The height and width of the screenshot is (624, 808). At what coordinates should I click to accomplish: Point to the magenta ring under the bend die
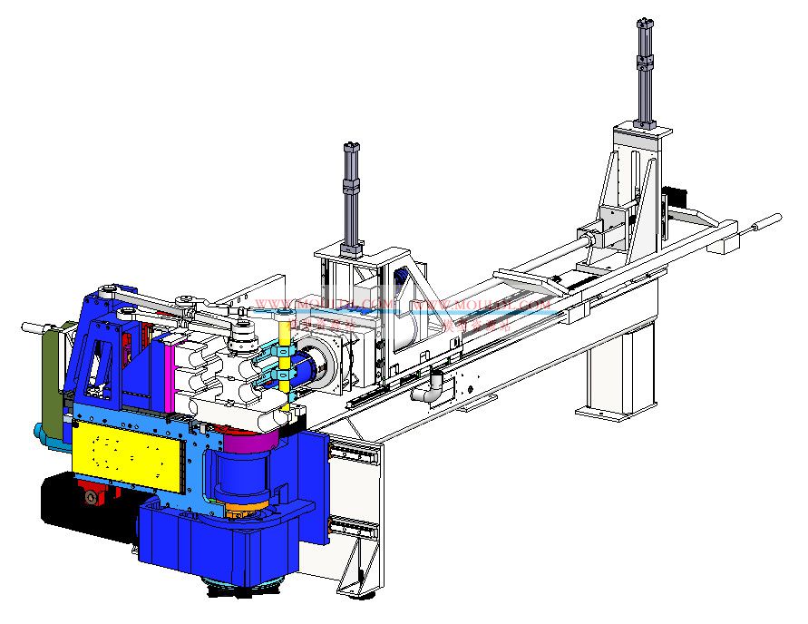coord(249,442)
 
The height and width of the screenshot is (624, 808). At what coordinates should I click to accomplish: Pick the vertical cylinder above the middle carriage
coord(350,195)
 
